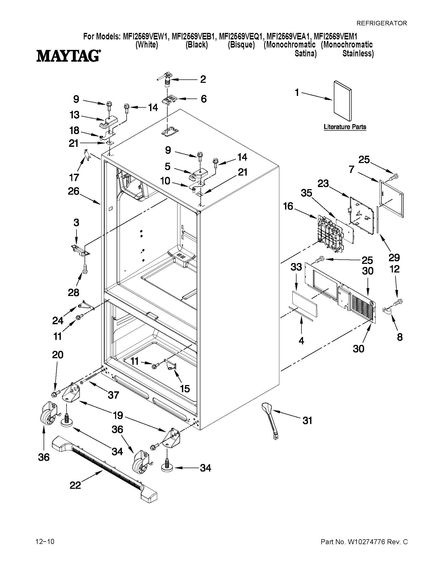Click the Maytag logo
click(68, 56)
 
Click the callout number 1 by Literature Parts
click(297, 93)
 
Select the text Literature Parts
click(345, 127)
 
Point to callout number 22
click(75, 485)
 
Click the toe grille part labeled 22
click(105, 469)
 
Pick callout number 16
click(288, 206)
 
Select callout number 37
click(113, 395)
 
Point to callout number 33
click(296, 267)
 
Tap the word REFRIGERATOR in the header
click(381, 23)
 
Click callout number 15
click(185, 388)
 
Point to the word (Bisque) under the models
click(241, 45)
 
